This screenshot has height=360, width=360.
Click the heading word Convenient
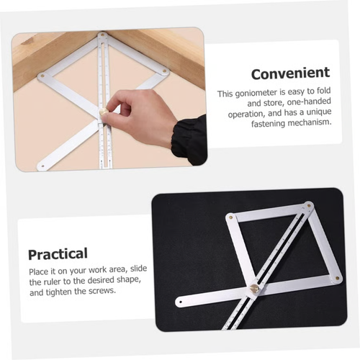tap(290, 73)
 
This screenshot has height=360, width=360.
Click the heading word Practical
tap(58, 253)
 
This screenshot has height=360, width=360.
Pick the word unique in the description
tap(315, 112)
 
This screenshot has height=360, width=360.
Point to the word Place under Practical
tap(40, 269)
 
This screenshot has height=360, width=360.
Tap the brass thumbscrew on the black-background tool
tap(253, 289)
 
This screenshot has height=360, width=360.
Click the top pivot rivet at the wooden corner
tap(103, 35)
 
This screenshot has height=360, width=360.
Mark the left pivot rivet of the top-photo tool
tap(42, 74)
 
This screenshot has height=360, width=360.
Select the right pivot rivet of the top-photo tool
tap(165, 71)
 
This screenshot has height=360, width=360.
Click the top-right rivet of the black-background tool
tap(309, 204)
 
